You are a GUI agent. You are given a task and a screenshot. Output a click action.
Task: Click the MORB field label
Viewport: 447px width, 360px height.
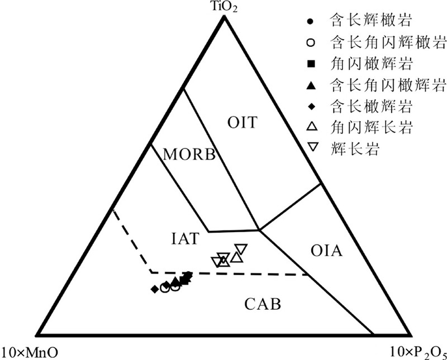click(x=189, y=155)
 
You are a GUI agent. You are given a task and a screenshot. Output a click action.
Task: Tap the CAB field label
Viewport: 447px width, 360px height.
click(x=262, y=305)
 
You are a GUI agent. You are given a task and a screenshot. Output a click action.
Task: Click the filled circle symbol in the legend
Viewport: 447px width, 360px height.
click(x=312, y=22)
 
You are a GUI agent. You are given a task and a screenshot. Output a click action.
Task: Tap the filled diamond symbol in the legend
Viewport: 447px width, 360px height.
click(x=312, y=105)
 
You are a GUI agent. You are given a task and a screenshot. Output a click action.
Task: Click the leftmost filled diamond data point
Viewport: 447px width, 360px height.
click(x=154, y=289)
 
